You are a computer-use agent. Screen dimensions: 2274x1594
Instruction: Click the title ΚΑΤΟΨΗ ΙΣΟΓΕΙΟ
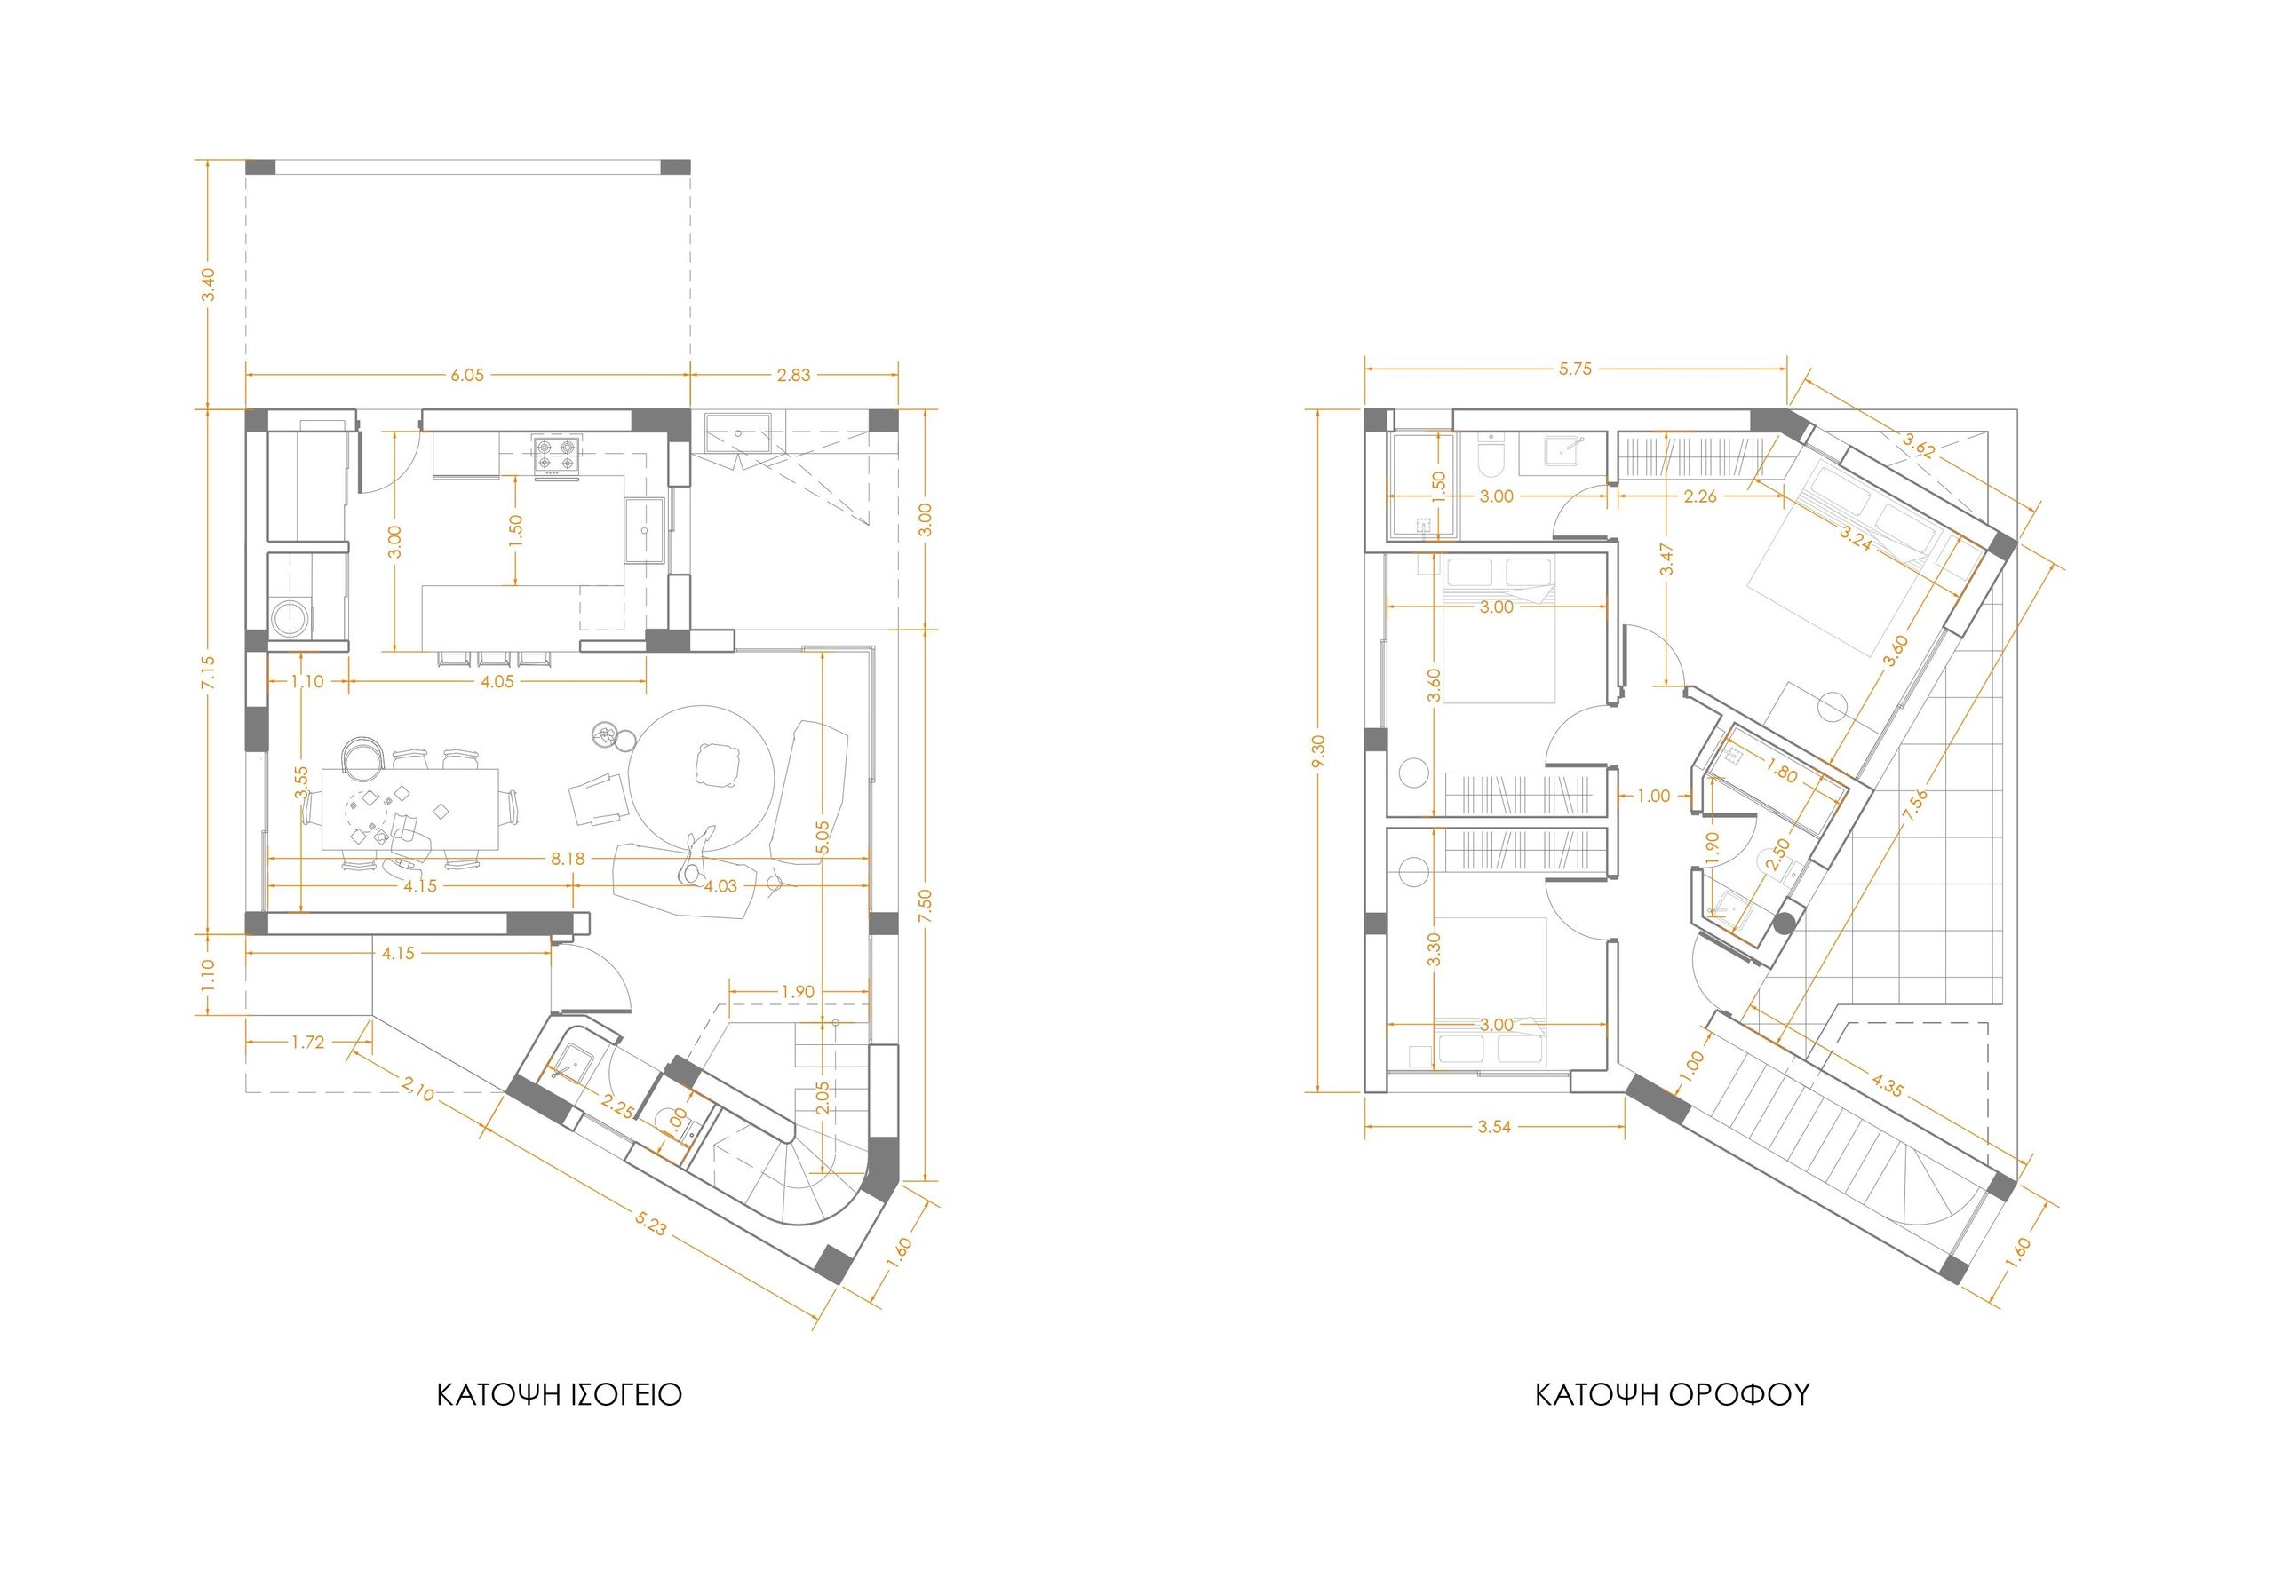(x=560, y=1395)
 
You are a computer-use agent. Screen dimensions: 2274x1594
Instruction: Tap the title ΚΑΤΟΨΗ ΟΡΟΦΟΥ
(x=1672, y=1395)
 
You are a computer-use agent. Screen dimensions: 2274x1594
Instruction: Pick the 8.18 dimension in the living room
(x=568, y=860)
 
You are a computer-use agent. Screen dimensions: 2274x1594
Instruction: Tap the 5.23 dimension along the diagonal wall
(x=651, y=1225)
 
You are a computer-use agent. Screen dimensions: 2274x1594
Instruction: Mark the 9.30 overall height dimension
(x=1318, y=751)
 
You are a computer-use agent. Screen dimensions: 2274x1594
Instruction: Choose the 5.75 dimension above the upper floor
(x=1575, y=369)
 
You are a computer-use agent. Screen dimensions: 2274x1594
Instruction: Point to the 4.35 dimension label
(x=1887, y=1085)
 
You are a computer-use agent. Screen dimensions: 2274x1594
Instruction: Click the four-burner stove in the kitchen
(x=556, y=455)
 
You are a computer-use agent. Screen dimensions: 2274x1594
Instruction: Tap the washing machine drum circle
(x=290, y=620)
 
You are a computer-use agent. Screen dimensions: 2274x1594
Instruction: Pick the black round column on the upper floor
(x=1785, y=924)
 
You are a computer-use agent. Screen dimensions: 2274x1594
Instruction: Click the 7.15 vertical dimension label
(x=208, y=672)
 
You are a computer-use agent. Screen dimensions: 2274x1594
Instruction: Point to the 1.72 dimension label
(x=308, y=1043)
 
